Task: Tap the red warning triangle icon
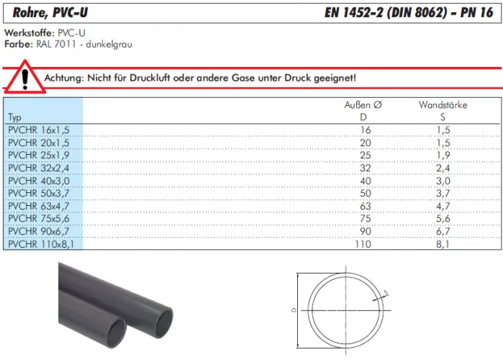click(x=26, y=77)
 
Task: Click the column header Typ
click(x=14, y=117)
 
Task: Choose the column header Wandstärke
click(x=443, y=105)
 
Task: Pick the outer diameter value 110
click(x=363, y=244)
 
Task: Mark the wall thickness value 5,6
click(x=443, y=219)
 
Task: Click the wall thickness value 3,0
click(x=443, y=180)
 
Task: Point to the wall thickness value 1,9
click(x=443, y=155)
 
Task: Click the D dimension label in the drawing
click(x=294, y=310)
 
